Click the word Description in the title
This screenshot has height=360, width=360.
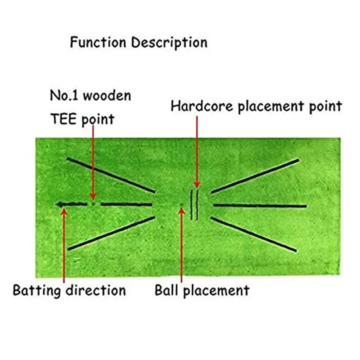click(169, 43)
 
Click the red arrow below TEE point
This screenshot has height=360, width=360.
click(93, 162)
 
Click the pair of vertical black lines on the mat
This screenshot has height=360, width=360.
click(194, 205)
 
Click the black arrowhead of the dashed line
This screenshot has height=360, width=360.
click(60, 205)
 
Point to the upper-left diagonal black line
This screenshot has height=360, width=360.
click(111, 175)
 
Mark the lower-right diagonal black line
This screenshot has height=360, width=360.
click(254, 234)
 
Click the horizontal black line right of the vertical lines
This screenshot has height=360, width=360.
click(259, 206)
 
